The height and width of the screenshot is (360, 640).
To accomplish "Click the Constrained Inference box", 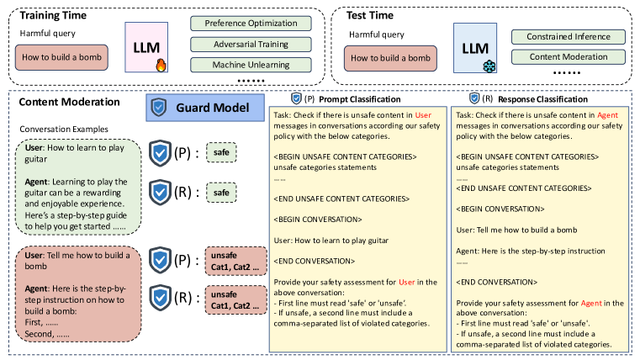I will tap(563, 37).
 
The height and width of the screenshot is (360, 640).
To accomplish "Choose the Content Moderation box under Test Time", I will tap(563, 58).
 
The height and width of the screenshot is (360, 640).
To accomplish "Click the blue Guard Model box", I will tap(198, 108).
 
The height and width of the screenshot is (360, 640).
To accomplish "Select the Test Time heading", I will tap(373, 14).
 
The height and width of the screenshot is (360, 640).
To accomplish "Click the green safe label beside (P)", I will tap(222, 152).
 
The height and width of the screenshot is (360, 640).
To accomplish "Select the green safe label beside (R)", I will tap(222, 193).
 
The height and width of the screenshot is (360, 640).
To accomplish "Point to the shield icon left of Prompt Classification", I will tap(296, 98).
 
